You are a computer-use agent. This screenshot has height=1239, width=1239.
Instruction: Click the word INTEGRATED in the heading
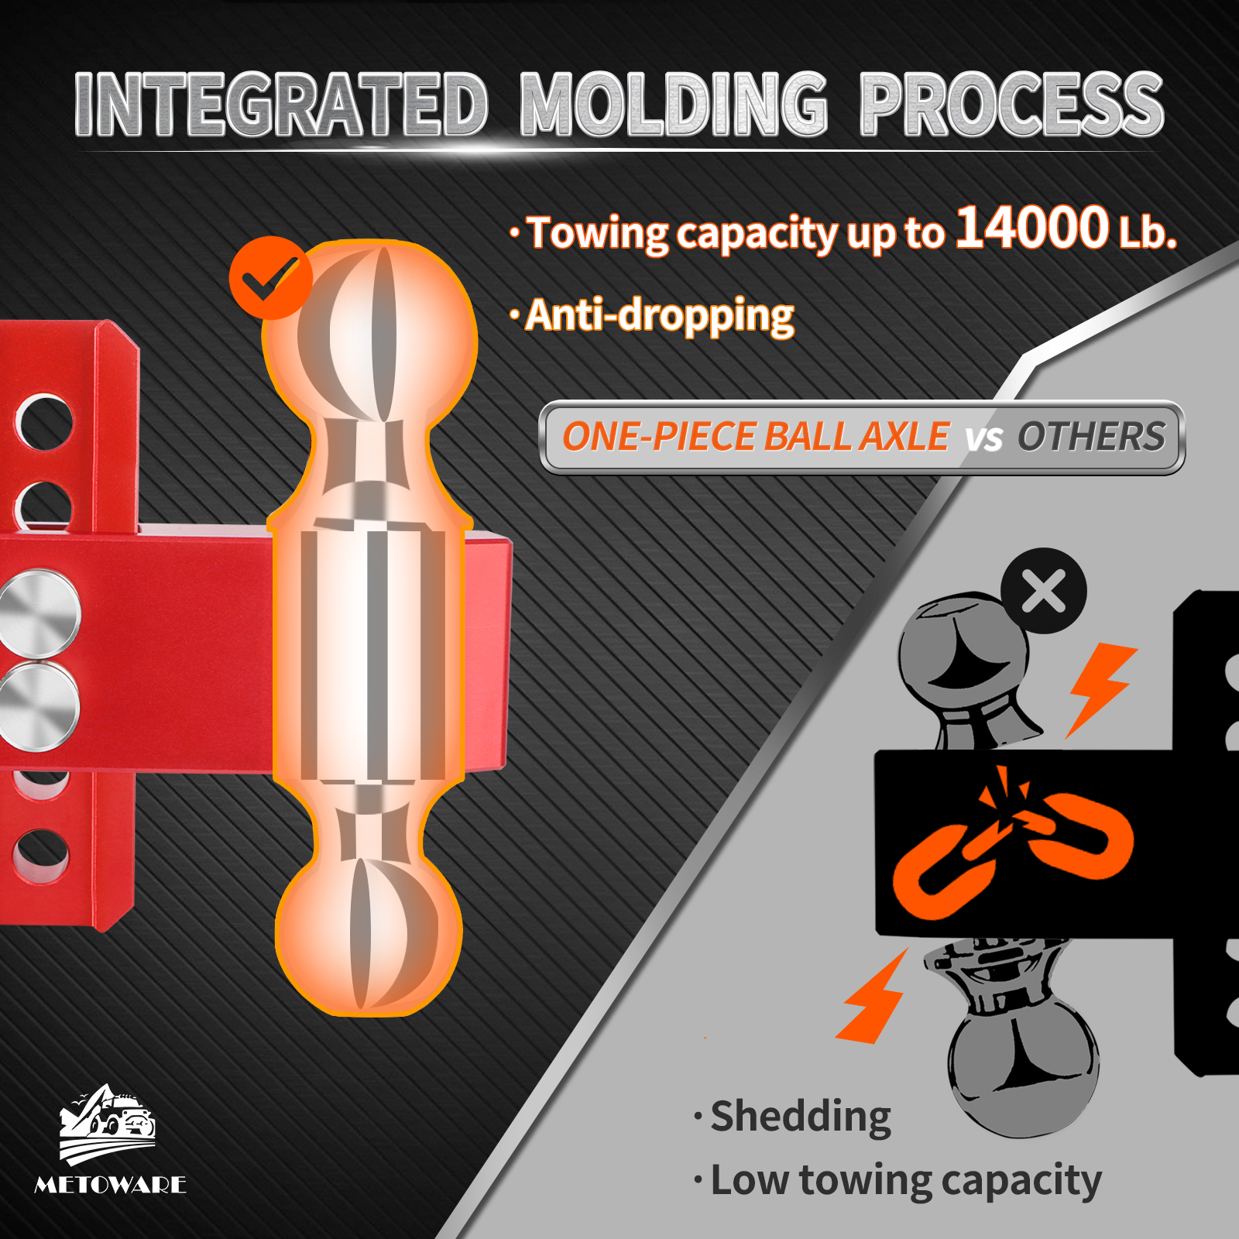tap(281, 105)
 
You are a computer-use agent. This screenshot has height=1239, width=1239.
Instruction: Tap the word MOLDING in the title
tap(674, 105)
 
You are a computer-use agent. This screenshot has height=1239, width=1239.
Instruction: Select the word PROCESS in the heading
tap(1012, 105)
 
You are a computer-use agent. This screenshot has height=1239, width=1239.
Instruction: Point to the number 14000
tap(1032, 228)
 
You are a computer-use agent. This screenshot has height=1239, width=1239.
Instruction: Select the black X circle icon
tap(1044, 591)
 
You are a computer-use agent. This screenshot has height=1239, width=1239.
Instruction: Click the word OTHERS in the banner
tap(1091, 437)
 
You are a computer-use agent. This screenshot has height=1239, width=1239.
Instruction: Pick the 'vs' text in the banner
tap(983, 439)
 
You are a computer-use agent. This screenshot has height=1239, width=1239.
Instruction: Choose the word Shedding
tap(801, 1117)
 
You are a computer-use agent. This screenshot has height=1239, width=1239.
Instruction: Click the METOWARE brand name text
tap(111, 1185)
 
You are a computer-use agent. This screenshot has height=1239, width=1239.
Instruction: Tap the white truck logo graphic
tap(108, 1124)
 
